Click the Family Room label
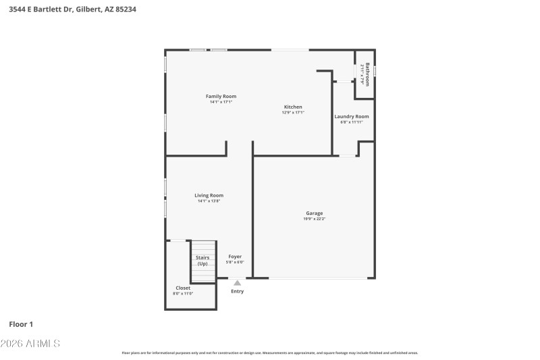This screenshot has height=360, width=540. [221, 97]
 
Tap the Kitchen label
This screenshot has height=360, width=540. [293, 107]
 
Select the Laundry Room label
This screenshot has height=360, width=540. [352, 116]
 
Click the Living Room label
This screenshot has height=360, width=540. [209, 195]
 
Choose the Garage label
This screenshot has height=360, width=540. [315, 213]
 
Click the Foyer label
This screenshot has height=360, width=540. [235, 257]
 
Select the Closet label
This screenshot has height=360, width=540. [183, 288]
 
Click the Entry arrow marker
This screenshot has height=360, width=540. [237, 283]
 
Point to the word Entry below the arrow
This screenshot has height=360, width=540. [238, 291]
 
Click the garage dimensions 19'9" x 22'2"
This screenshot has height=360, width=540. [315, 219]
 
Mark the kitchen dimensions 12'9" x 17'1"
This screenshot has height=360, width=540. [293, 113]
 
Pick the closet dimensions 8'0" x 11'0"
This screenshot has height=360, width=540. [183, 293]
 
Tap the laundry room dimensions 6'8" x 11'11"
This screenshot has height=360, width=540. [352, 122]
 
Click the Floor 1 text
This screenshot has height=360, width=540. [20, 324]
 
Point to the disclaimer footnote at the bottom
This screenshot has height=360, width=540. [269, 353]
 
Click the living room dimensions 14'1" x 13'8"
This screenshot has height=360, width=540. [209, 201]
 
